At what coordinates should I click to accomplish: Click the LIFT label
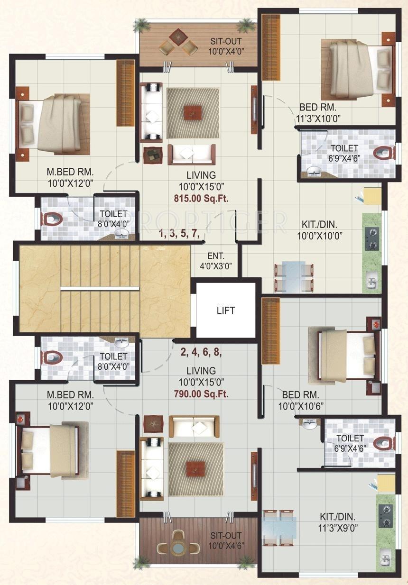(226, 311)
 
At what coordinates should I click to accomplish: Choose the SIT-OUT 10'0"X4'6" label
(226, 540)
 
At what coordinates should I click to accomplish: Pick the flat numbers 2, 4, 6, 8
(201, 352)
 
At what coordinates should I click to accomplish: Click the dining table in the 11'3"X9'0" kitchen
(280, 527)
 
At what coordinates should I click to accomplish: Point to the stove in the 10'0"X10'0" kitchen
(371, 239)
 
